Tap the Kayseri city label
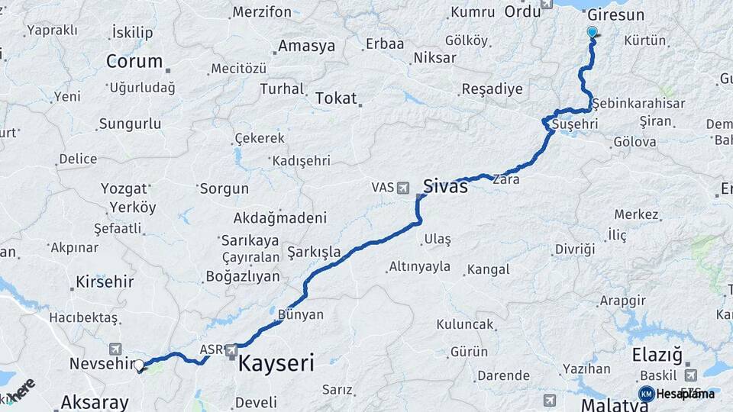click(x=276, y=363)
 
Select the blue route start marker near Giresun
click(x=593, y=32)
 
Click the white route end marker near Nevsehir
click(x=139, y=365)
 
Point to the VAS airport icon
click(x=403, y=187)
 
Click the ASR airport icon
click(x=231, y=350)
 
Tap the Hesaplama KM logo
click(x=646, y=394)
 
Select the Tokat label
click(x=335, y=98)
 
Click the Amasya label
click(x=306, y=46)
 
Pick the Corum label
click(x=134, y=61)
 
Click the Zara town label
click(x=506, y=181)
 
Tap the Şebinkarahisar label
click(x=638, y=103)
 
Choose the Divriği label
click(x=574, y=249)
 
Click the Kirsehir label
click(x=105, y=282)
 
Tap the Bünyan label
click(x=301, y=314)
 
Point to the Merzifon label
click(x=262, y=12)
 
